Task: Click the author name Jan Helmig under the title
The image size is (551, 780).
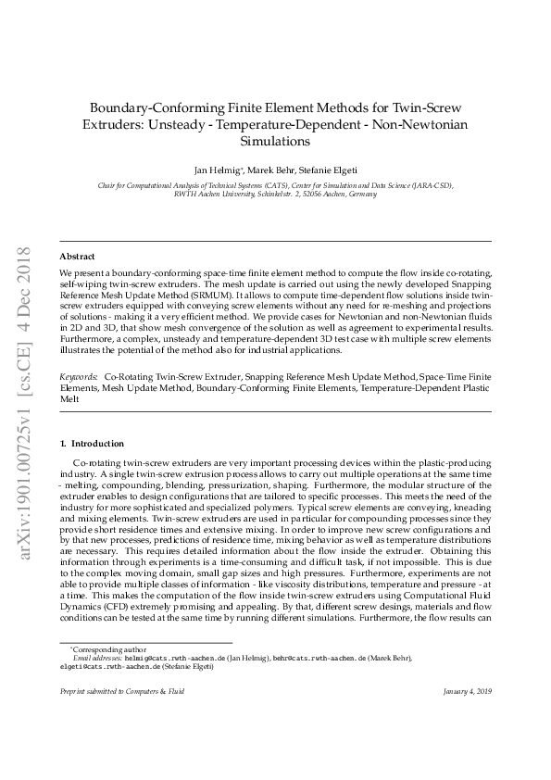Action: (x=216, y=170)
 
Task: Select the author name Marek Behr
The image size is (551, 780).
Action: (x=274, y=170)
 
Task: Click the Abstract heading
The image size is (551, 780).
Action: (x=77, y=256)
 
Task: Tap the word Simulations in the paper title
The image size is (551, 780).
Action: (x=275, y=142)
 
